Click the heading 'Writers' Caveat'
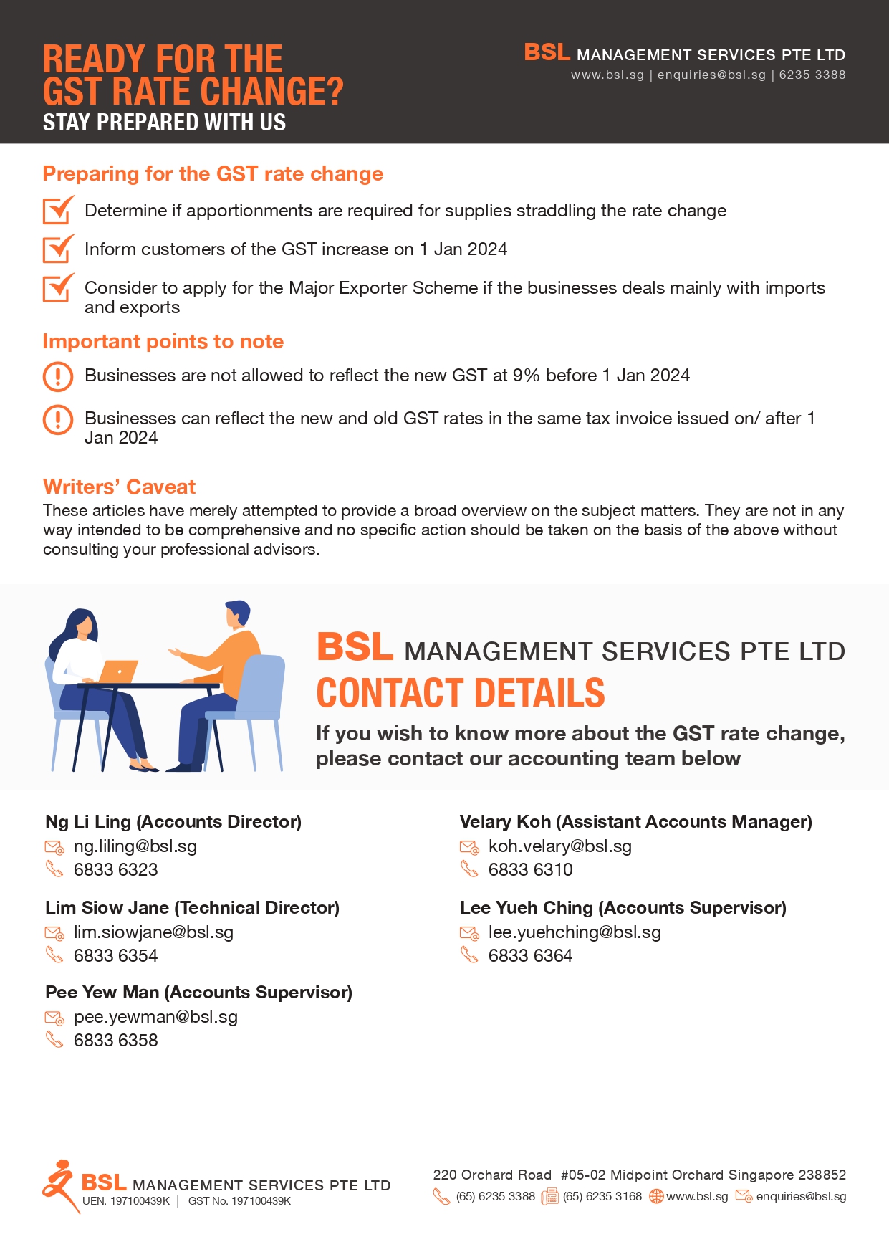coord(119,487)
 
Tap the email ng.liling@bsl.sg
coord(135,846)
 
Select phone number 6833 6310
coord(530,870)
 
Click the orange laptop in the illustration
coord(118,671)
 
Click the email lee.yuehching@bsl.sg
coord(574,932)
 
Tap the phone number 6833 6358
coord(115,1041)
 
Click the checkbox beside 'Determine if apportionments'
coord(58,210)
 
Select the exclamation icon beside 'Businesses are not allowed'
coord(58,376)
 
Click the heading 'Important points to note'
coord(163,342)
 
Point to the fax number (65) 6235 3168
coord(602,1197)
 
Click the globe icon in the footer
coord(655,1197)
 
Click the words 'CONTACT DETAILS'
coord(461,693)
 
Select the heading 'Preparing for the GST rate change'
coord(213,174)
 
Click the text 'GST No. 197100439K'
coord(239,1202)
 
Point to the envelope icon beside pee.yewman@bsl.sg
coord(54,1018)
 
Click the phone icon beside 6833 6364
coord(469,955)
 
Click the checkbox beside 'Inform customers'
coord(58,249)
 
